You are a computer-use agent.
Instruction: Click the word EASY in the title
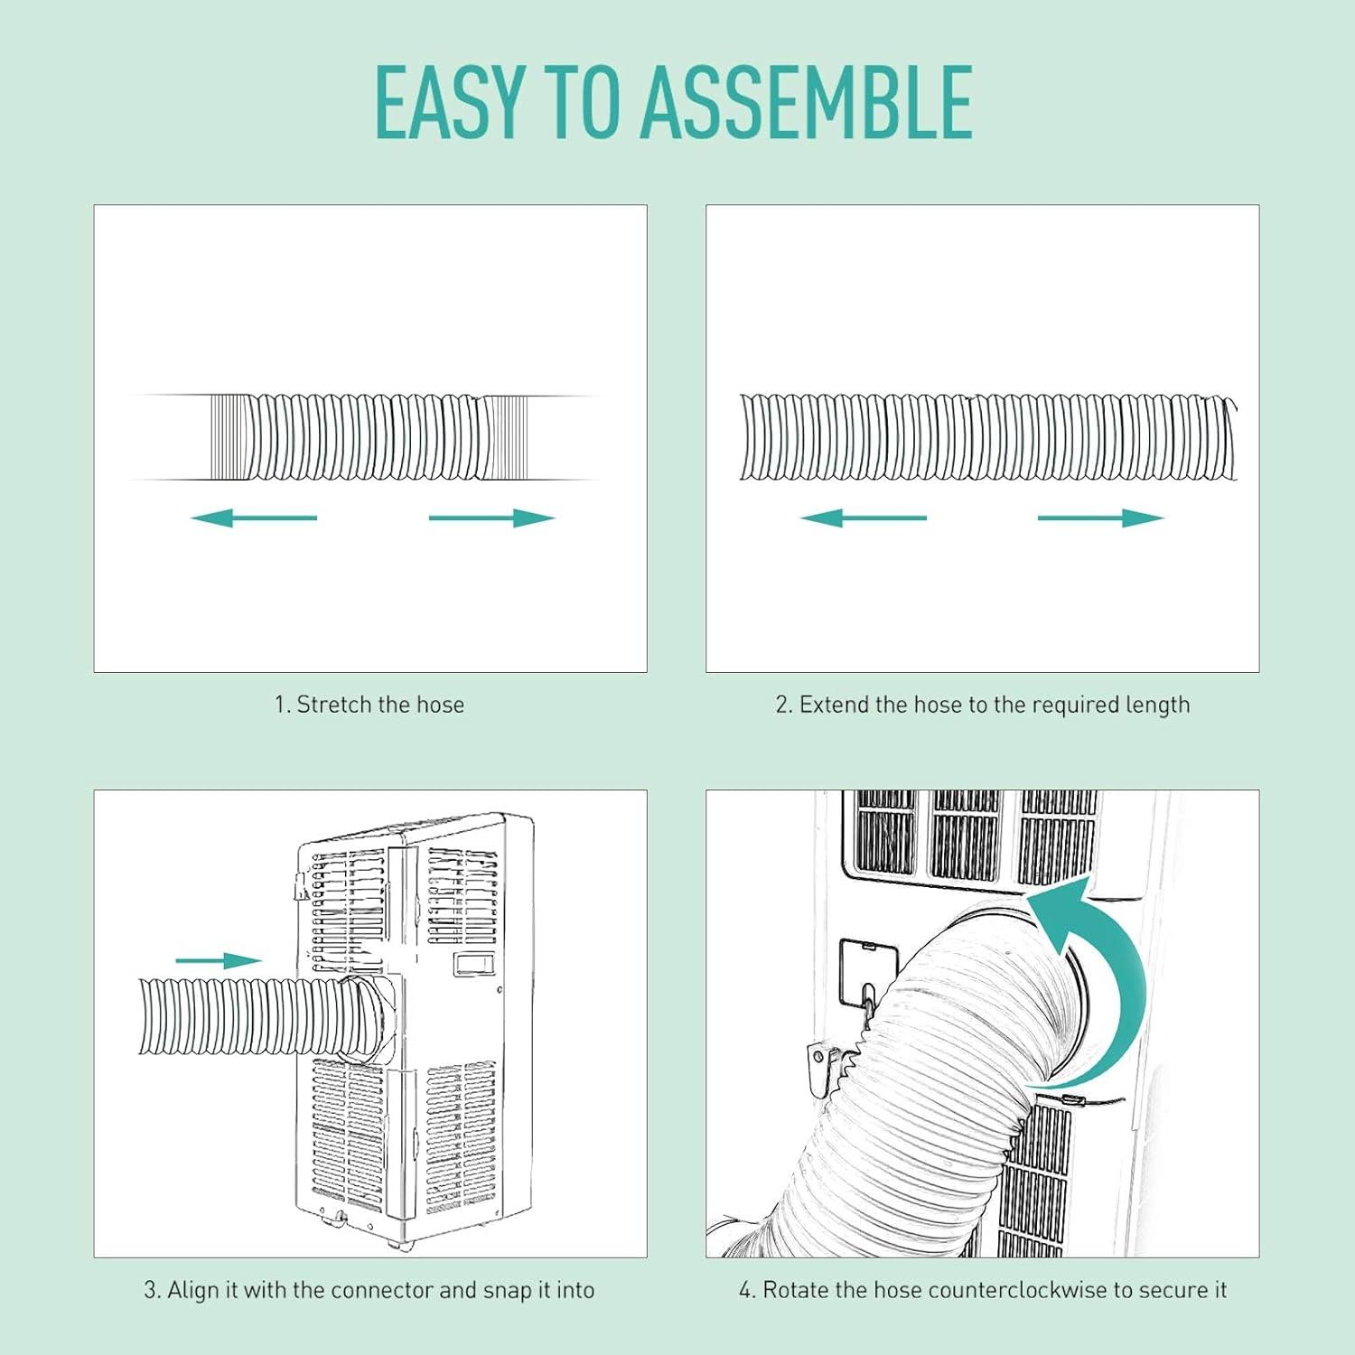coord(449,102)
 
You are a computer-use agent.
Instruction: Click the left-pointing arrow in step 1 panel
coord(254,518)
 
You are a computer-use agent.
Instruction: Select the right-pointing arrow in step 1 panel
coord(492,518)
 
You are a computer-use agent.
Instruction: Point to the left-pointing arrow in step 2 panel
coord(864,518)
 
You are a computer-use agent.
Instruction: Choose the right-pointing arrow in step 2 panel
coord(1101,518)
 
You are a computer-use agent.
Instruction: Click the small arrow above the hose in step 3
coord(219,960)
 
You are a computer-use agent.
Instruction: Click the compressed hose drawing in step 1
coord(369,437)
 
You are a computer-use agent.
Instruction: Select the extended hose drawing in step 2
coord(988,437)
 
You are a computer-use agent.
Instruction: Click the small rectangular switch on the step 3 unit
coord(474,962)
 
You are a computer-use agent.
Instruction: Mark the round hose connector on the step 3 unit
coord(372,1016)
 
